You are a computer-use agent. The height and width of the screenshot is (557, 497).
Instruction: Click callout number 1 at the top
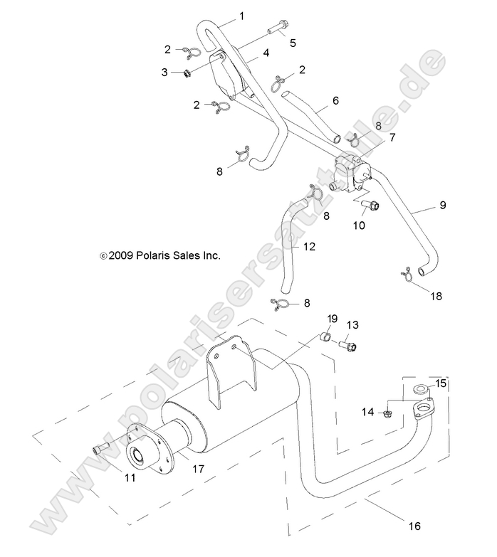[241, 16]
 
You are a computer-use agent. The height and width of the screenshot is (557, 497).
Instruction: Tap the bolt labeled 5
[278, 30]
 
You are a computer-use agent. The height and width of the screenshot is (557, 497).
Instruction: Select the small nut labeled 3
[186, 73]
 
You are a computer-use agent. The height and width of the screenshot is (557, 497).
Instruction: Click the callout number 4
[265, 53]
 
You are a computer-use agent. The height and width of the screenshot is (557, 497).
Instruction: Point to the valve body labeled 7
[349, 174]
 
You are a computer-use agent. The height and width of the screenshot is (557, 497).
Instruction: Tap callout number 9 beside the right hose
[442, 206]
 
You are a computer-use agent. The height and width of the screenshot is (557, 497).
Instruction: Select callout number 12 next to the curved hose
[308, 247]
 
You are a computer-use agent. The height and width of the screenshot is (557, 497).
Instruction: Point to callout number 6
[335, 102]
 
